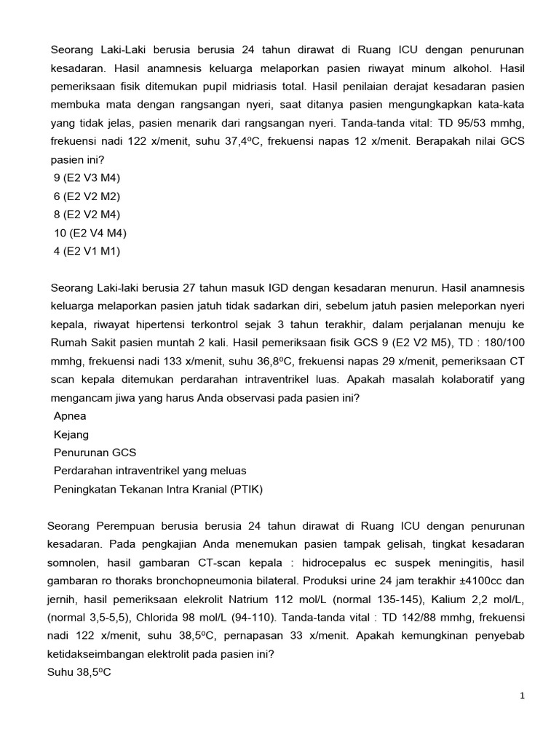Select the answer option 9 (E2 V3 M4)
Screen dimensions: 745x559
pos(87,178)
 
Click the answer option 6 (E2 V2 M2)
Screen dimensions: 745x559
pos(87,196)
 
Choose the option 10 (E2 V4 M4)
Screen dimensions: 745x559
pos(90,233)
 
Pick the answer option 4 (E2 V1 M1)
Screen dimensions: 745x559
pos(87,251)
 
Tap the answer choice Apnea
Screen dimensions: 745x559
pos(70,416)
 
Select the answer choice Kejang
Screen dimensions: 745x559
pos(71,434)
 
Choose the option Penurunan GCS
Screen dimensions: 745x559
pos(95,453)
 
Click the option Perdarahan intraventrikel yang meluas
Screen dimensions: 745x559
pos(150,471)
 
